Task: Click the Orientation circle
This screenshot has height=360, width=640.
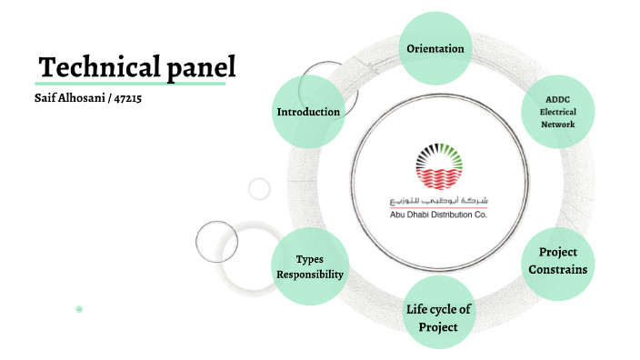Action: point(435,48)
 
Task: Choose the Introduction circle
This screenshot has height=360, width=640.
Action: point(308,112)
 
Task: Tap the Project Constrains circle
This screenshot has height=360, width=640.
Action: point(557,261)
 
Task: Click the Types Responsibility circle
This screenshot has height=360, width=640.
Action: point(309,265)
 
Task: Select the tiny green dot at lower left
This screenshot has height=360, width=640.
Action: point(79,310)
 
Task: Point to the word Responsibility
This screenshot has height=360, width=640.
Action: point(310,274)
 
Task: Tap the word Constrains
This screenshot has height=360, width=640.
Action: point(558,269)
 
